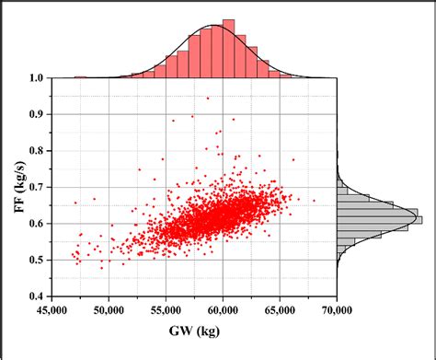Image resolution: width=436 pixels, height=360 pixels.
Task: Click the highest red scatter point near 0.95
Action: pyautogui.click(x=208, y=98)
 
